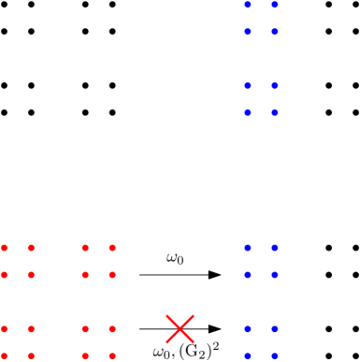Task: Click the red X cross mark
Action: tap(180, 329)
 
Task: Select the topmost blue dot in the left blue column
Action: tap(248, 5)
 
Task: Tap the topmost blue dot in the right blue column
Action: tap(275, 5)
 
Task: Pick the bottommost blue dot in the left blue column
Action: tap(248, 355)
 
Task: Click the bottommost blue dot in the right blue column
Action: tap(275, 355)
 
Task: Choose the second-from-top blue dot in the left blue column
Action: tap(248, 32)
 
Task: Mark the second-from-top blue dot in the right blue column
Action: tap(275, 32)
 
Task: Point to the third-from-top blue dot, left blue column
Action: tap(248, 86)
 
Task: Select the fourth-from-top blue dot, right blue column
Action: tap(275, 112)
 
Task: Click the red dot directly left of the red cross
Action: tap(112, 329)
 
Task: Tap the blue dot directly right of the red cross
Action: tap(248, 329)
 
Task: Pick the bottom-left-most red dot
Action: tap(5, 355)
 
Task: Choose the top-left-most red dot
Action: tap(5, 248)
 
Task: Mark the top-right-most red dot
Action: tap(112, 248)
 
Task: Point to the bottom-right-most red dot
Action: tap(112, 355)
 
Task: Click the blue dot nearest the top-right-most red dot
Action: tap(248, 248)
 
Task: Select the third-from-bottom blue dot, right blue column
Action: tap(275, 275)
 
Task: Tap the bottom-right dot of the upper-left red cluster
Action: tap(32, 275)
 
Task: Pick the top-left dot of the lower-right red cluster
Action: tap(85, 329)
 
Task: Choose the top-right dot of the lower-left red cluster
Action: tap(32, 329)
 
